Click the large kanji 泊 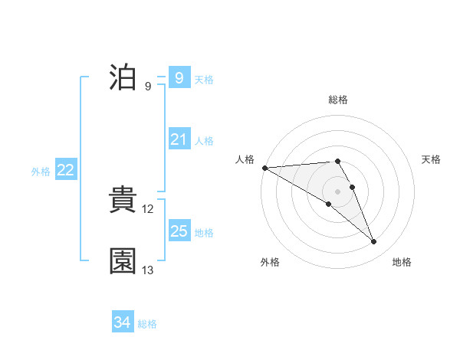[x=123, y=78]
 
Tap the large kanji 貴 [x=123, y=201]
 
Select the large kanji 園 [x=123, y=261]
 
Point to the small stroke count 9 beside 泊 [x=147, y=87]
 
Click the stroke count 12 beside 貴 [x=149, y=209]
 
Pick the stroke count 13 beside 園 [x=148, y=270]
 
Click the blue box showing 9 [x=179, y=78]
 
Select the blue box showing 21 [x=179, y=139]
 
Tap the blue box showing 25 [x=179, y=231]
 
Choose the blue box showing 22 [x=65, y=170]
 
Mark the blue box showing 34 [x=122, y=322]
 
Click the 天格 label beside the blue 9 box [x=204, y=79]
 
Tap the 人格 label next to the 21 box [x=204, y=140]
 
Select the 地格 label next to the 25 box [x=204, y=232]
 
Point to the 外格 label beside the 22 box [x=41, y=172]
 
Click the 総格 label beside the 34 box [x=147, y=323]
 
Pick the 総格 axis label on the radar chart [x=337, y=100]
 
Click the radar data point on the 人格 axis [x=264, y=168]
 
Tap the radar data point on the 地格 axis [x=374, y=242]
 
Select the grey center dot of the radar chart [x=337, y=191]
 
